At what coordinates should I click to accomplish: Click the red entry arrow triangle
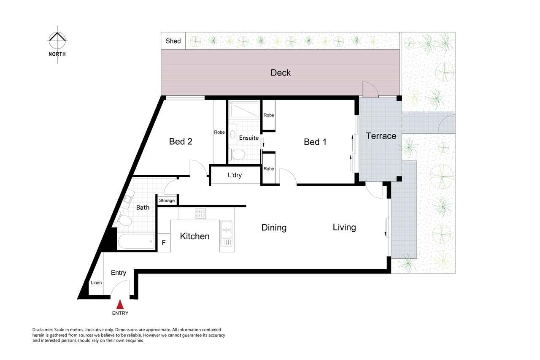[x=120, y=304]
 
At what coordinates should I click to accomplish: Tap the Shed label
[x=173, y=41]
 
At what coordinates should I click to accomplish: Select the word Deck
[x=281, y=73]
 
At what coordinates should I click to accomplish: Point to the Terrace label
[x=381, y=136]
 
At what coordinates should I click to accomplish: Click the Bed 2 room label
[x=181, y=141]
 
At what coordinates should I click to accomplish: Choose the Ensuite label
[x=249, y=138]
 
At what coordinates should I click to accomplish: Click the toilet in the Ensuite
[x=237, y=154]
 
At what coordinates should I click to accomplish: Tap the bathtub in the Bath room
[x=136, y=241]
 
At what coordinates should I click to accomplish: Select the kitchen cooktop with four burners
[x=200, y=214]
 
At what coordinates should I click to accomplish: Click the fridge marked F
[x=164, y=243]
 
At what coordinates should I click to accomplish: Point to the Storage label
[x=167, y=200]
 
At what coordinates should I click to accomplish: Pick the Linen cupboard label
[x=96, y=283]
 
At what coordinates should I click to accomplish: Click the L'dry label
[x=235, y=175]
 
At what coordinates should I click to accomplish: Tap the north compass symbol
[x=57, y=40]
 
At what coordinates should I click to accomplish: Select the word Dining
[x=274, y=227]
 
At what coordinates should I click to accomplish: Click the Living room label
[x=344, y=227]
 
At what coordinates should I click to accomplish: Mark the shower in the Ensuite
[x=244, y=110]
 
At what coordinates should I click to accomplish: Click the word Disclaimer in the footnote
[x=43, y=330]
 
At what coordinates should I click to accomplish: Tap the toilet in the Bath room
[x=124, y=219]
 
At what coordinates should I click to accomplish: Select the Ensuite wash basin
[x=232, y=134]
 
